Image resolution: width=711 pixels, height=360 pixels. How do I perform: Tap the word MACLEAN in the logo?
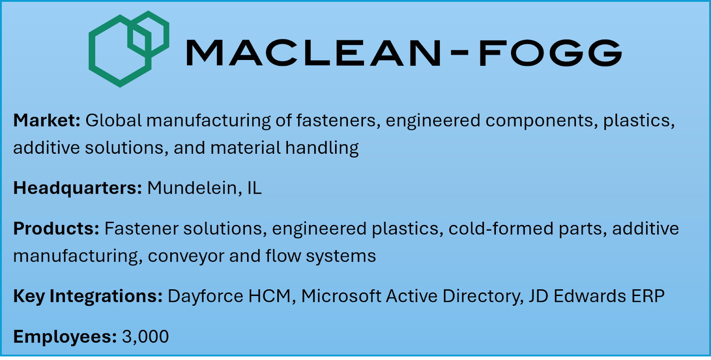click(313, 53)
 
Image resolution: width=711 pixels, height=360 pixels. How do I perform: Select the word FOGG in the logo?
click(551, 53)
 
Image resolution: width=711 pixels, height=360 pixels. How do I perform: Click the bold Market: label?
click(47, 120)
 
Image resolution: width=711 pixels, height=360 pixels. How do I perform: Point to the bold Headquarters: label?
click(77, 188)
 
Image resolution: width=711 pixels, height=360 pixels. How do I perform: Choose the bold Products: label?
click(56, 228)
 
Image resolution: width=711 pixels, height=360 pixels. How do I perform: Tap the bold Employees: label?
click(65, 337)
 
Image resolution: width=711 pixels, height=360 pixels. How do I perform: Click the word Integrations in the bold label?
click(106, 296)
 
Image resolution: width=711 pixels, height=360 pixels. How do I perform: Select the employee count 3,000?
click(145, 337)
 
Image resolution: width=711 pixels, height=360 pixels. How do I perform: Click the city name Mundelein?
click(192, 188)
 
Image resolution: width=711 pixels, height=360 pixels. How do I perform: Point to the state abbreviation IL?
click(254, 188)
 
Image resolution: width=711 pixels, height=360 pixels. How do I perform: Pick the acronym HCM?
click(269, 296)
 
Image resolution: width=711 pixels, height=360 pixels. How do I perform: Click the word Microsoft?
click(341, 296)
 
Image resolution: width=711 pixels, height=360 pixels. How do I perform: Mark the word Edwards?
click(590, 296)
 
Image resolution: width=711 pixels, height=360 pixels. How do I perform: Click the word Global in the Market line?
click(113, 120)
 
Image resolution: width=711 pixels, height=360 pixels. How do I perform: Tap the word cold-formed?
click(501, 228)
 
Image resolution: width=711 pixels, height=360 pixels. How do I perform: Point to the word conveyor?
click(186, 256)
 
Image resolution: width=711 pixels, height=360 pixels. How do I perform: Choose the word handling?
click(322, 148)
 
